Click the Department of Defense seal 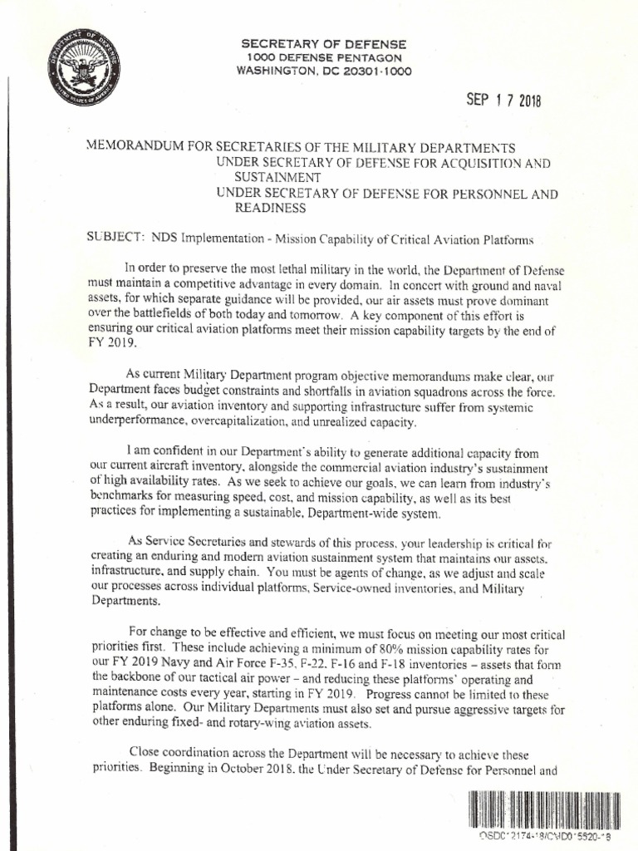pyautogui.click(x=84, y=67)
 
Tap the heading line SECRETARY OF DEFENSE pyautogui.click(x=323, y=43)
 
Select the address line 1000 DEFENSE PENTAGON pyautogui.click(x=324, y=57)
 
